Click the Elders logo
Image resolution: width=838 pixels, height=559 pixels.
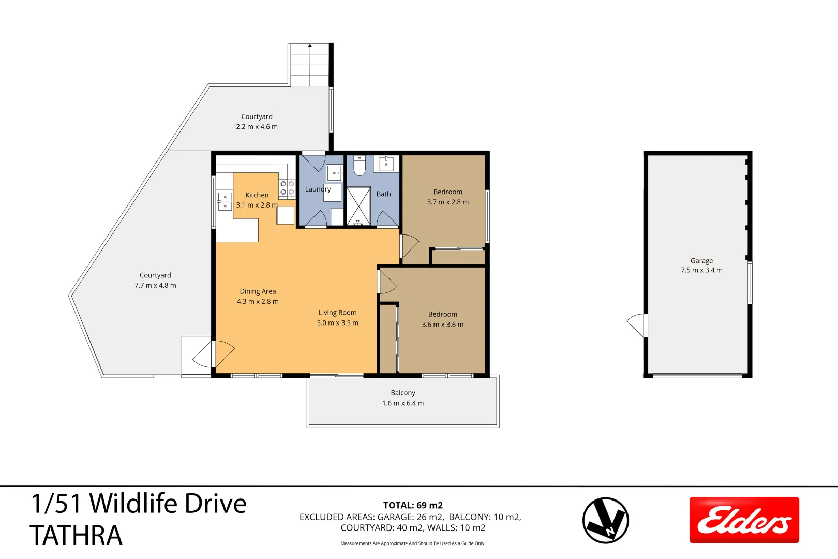(744, 520)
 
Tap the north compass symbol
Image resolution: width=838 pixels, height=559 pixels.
(605, 520)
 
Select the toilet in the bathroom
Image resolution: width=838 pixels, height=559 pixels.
(359, 166)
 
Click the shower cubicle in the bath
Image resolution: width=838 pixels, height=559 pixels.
(358, 206)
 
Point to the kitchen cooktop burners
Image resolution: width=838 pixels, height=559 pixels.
(287, 188)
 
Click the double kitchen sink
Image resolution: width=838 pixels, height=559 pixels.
(225, 201)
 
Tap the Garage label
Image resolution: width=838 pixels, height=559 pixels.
(701, 261)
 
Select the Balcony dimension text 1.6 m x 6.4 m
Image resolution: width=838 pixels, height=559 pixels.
(403, 403)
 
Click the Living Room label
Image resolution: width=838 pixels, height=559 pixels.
(337, 313)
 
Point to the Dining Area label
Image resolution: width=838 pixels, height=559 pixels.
(258, 291)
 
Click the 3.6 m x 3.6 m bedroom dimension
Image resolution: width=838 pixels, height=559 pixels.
(442, 325)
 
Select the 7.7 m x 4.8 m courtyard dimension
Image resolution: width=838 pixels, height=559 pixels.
(155, 285)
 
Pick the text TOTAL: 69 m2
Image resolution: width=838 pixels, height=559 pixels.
(413, 505)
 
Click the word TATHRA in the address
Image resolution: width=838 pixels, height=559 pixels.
(76, 536)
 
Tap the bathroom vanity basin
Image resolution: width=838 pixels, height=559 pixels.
(386, 164)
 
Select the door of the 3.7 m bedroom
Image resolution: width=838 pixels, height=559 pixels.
(409, 246)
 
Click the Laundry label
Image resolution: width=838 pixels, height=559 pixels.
(317, 189)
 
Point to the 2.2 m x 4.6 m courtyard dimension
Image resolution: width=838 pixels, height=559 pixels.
(257, 127)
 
